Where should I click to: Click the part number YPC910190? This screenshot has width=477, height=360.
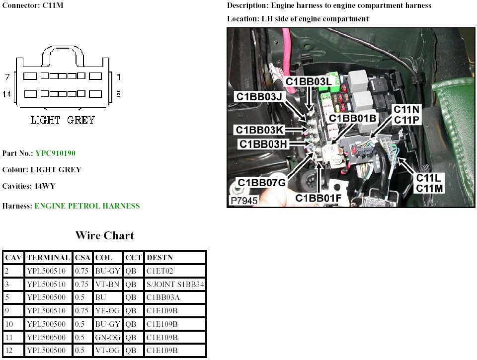tap(55, 153)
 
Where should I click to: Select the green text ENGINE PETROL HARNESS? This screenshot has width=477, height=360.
tap(87, 206)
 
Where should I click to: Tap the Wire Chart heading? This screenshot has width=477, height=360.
tap(104, 235)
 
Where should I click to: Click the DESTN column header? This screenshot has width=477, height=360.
tap(159, 258)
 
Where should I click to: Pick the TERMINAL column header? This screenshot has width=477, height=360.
tap(48, 258)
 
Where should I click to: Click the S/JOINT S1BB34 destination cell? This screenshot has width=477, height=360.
tap(175, 285)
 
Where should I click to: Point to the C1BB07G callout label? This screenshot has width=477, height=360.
tap(261, 182)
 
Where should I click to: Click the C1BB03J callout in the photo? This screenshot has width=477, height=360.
tap(259, 96)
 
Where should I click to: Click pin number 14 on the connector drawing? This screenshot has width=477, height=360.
tap(7, 93)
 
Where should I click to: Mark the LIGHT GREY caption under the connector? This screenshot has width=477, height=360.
tap(63, 120)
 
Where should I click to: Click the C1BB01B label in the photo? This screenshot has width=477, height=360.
tap(352, 118)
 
